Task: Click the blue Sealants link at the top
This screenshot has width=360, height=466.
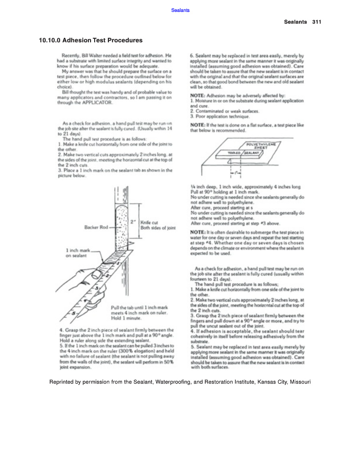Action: [x=181, y=10]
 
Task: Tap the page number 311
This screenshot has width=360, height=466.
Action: [x=317, y=22]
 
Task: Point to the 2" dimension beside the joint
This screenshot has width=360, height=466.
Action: [x=134, y=222]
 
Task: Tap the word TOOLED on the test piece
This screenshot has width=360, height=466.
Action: [x=233, y=153]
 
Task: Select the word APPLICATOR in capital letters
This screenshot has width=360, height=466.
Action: [x=96, y=103]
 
